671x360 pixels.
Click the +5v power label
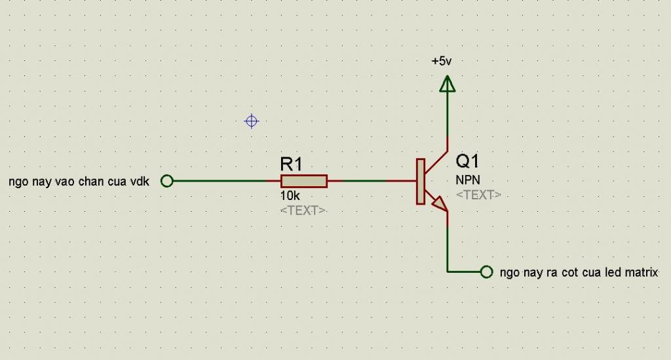click(441, 61)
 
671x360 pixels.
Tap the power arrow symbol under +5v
click(447, 84)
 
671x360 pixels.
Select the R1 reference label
click(292, 164)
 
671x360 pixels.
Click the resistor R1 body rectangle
click(304, 181)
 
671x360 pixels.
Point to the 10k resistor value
click(290, 196)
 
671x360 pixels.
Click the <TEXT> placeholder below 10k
click(303, 210)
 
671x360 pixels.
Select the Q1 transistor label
click(467, 161)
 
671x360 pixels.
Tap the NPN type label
click(468, 180)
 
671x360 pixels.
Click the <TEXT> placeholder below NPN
click(478, 195)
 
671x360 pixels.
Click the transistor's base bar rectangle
click(421, 182)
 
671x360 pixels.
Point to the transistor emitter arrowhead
click(440, 204)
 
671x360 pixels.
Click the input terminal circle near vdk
click(167, 181)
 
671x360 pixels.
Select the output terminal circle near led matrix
click(487, 272)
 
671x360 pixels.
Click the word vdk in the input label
click(140, 182)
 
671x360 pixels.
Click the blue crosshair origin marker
click(251, 121)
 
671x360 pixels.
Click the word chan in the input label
click(91, 182)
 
